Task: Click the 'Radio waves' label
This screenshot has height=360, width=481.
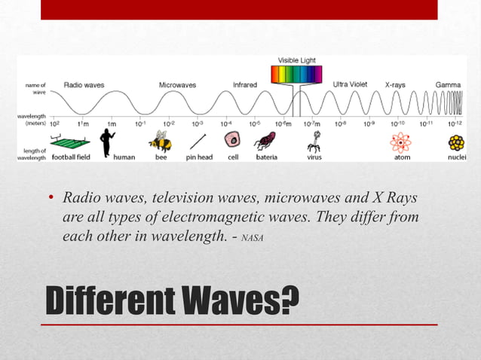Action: click(x=84, y=86)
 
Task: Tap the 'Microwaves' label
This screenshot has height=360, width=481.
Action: click(x=177, y=86)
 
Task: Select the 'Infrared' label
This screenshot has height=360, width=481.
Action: click(x=245, y=85)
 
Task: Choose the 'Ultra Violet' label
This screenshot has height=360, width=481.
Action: click(x=351, y=84)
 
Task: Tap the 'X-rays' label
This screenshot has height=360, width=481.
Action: click(x=395, y=85)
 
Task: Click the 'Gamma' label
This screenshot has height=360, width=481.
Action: click(x=448, y=85)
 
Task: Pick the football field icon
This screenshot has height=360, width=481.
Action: click(x=69, y=141)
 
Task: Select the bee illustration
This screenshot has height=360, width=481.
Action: click(x=160, y=141)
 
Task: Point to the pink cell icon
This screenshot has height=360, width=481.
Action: click(x=233, y=141)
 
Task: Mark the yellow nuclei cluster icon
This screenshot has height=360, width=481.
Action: click(x=456, y=142)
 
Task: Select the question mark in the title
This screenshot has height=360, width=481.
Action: click(x=289, y=300)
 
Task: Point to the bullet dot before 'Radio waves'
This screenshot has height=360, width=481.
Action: click(x=51, y=199)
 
